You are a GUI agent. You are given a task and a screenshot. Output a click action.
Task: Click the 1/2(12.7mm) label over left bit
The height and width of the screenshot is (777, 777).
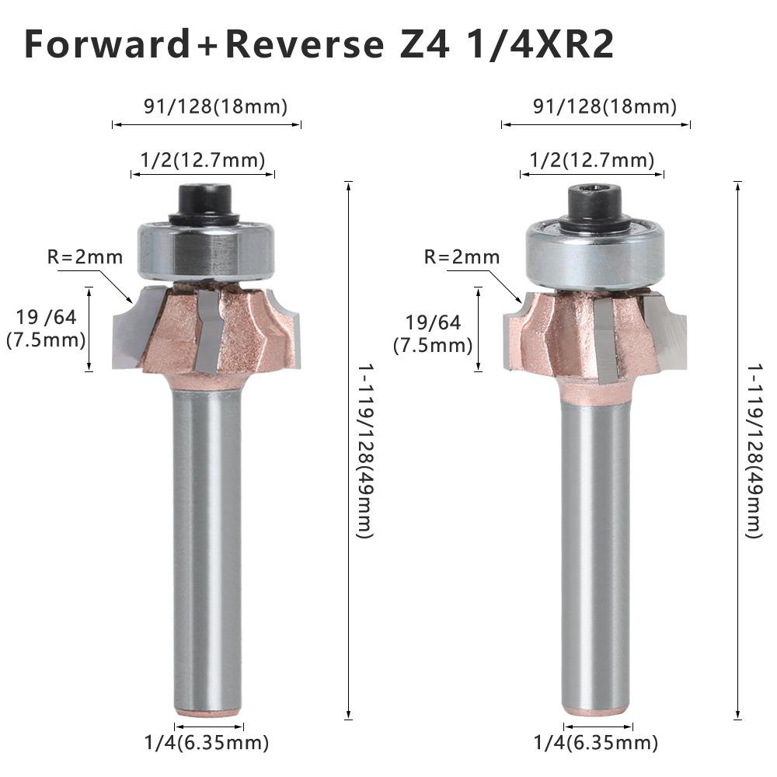tap(203, 160)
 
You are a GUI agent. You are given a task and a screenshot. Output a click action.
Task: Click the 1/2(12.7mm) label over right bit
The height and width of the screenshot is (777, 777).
tap(592, 160)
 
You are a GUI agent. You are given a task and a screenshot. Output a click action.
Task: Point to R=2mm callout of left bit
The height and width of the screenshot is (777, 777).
tap(85, 257)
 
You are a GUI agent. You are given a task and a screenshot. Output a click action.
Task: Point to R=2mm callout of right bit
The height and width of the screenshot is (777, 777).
tap(462, 257)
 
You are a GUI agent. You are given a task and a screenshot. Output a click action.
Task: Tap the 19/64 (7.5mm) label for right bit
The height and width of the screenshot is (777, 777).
tap(432, 333)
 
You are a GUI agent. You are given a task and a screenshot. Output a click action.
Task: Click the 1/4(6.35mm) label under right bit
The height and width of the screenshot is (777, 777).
tap(596, 742)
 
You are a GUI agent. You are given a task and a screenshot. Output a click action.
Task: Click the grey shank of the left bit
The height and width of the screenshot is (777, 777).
tap(206, 544)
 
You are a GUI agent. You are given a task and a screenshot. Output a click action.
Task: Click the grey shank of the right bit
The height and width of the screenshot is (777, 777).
tap(595, 544)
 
